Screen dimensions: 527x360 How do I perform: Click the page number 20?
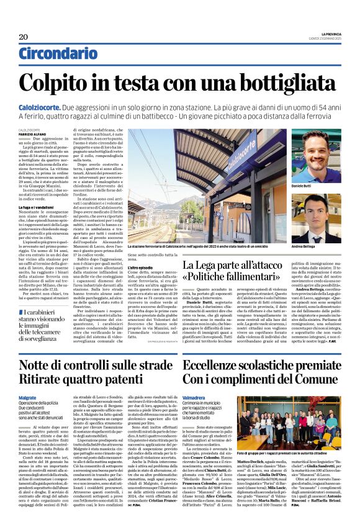(24, 37)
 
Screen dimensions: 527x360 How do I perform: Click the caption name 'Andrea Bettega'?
(302, 247)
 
